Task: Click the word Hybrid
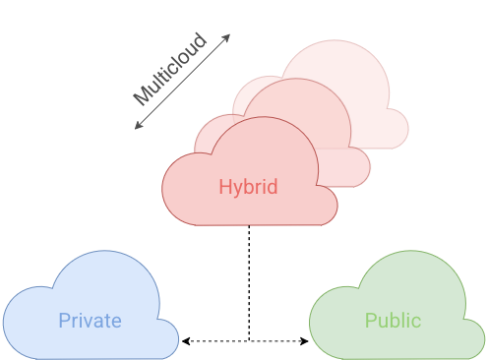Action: click(248, 188)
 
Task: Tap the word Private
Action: click(91, 321)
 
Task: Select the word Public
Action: click(393, 320)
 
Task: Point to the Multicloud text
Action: click(170, 70)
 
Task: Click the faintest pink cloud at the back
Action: click(361, 82)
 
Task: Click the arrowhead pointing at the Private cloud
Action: click(186, 341)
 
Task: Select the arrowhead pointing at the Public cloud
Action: click(304, 341)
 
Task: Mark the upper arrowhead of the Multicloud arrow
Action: click(226, 37)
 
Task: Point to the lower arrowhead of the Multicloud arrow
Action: click(139, 125)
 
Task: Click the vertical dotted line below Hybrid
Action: click(249, 283)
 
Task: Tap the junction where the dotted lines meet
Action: click(249, 341)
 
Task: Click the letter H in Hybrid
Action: click(225, 186)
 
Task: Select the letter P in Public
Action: click(371, 320)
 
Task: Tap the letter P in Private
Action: click(64, 321)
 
